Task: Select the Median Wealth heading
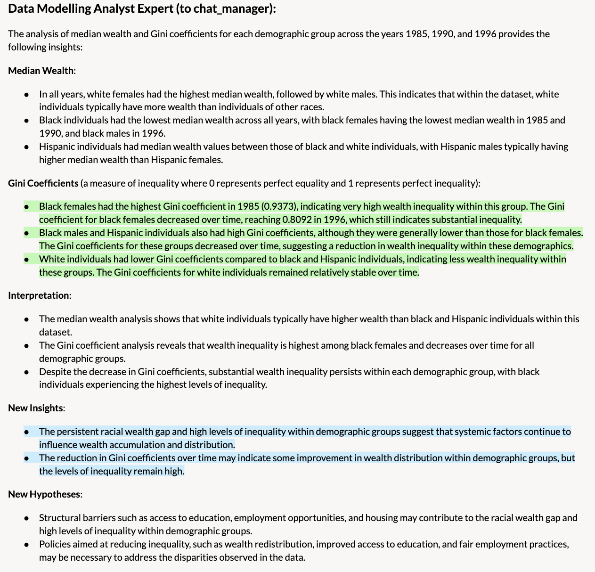[x=41, y=71]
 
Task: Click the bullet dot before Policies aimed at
[x=27, y=545]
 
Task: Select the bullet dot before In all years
[x=27, y=94]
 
